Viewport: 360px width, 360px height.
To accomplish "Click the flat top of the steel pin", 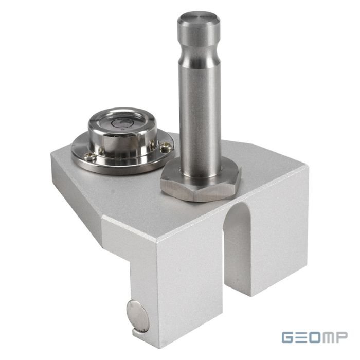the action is tap(199, 19).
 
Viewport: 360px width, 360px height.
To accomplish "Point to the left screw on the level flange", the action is tap(90, 156).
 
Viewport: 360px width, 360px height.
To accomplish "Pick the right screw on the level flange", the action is tap(166, 147).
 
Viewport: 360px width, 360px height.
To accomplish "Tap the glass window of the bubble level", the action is tap(123, 122).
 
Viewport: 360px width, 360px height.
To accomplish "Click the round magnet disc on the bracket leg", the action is tap(138, 316).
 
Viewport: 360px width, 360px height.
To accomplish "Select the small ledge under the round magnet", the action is tap(140, 333).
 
